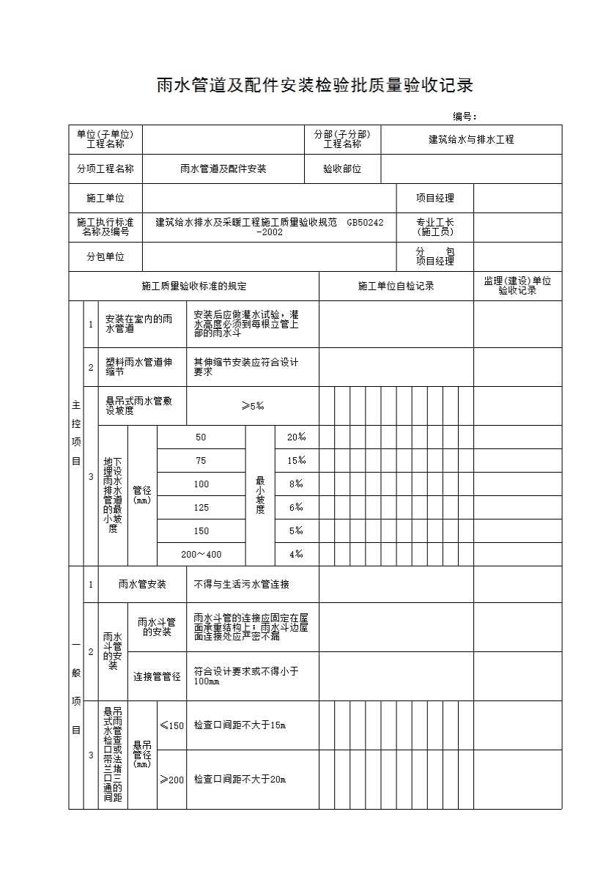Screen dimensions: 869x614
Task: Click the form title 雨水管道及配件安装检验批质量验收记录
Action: (315, 86)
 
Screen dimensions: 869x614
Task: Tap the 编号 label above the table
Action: (465, 117)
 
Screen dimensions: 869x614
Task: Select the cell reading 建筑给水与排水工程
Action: (471, 139)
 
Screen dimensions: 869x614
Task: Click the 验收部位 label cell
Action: (342, 169)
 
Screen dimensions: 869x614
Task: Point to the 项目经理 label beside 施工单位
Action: (435, 198)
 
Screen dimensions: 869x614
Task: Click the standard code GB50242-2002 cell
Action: (269, 226)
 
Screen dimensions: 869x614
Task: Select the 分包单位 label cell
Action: (106, 256)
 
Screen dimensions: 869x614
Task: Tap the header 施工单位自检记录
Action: (396, 286)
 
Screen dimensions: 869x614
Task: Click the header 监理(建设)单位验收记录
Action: (517, 286)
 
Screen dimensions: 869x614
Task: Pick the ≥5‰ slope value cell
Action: (252, 406)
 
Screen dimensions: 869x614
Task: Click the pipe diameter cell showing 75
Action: (201, 461)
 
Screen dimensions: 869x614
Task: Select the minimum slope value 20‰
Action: (296, 437)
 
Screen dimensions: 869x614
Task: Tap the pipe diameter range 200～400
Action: (201, 555)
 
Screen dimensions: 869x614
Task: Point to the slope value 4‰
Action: (296, 555)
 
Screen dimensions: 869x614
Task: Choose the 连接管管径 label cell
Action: (157, 676)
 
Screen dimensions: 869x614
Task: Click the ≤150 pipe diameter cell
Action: (171, 725)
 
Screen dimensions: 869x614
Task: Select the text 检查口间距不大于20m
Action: (240, 780)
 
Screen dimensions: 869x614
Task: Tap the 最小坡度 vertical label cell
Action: (259, 495)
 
